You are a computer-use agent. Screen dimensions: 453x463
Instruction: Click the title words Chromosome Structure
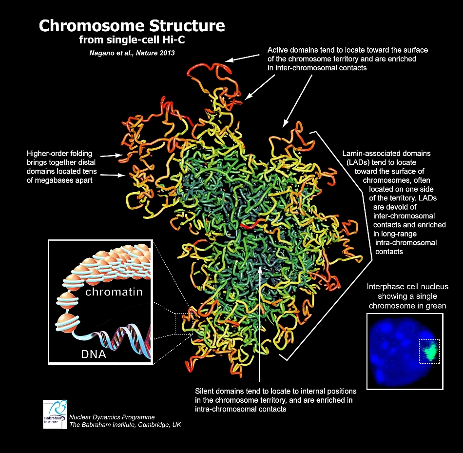pos(132,25)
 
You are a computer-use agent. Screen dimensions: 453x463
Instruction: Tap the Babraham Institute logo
pos(55,414)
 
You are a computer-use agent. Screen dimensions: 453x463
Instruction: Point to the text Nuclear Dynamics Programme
pos(112,417)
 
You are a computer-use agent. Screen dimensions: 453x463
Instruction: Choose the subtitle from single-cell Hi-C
pos(132,40)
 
